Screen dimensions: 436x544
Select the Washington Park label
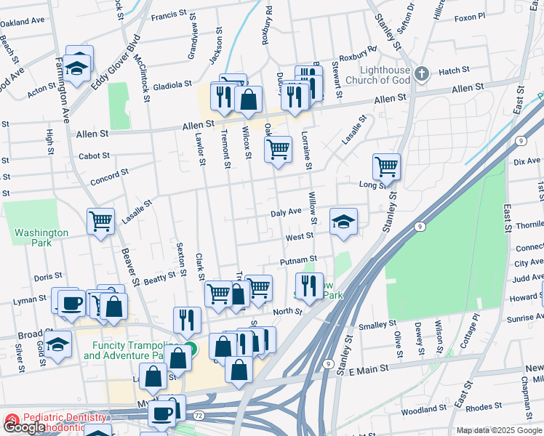41,238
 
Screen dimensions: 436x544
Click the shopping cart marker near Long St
386,166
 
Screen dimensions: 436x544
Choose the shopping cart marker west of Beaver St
100,222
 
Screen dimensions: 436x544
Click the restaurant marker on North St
309,286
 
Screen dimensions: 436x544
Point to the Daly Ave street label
286,212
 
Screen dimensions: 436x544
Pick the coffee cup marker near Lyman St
71,302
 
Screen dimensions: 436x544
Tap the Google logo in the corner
24,427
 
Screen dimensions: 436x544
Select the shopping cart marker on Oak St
278,150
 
